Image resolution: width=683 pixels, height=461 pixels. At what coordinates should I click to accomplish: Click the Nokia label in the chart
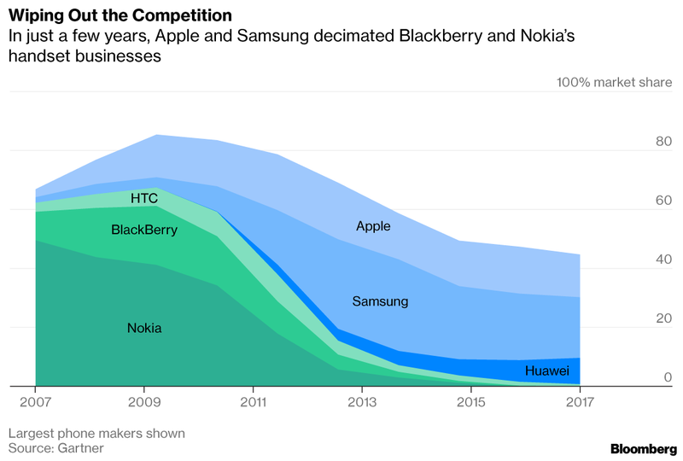[144, 328]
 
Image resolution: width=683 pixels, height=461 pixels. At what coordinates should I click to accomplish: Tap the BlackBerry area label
[144, 230]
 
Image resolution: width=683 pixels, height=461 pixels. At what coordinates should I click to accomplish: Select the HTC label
[144, 198]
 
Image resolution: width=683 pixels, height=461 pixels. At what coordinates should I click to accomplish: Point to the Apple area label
[373, 226]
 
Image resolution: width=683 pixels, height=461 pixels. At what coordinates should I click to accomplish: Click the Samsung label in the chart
[380, 301]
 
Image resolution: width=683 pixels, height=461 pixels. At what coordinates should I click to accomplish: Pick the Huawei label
[547, 371]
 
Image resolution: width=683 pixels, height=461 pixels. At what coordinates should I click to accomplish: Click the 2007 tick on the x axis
[34, 400]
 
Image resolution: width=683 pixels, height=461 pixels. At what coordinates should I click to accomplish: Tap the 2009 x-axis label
[143, 400]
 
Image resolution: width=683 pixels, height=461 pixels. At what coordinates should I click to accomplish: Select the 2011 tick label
[253, 400]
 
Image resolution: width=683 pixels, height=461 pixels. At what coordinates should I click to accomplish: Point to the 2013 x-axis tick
[362, 400]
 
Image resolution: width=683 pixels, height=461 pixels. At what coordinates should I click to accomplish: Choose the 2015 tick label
[471, 400]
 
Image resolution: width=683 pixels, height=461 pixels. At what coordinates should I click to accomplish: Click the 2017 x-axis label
[580, 400]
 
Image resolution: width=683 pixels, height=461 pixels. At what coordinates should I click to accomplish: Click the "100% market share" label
[614, 83]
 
